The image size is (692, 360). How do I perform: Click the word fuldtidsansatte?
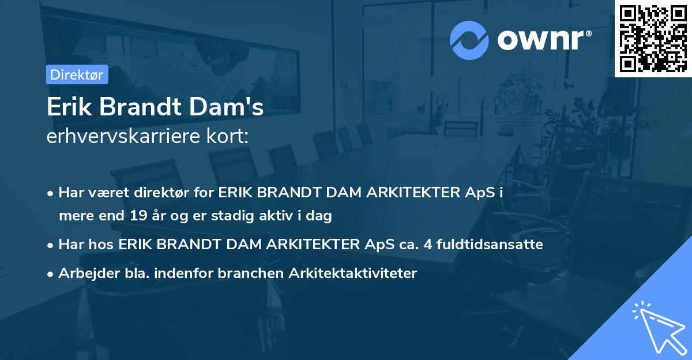[x=490, y=245]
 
